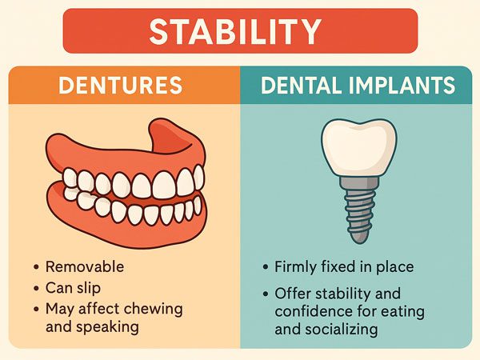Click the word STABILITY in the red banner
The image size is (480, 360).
[235, 31]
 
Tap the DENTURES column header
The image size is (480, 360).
[121, 85]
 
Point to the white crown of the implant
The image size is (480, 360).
[358, 148]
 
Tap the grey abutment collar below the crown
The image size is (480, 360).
[358, 182]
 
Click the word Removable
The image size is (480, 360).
[85, 266]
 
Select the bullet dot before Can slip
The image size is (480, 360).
[37, 288]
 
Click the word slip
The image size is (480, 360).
[88, 288]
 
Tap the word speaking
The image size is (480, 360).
[107, 327]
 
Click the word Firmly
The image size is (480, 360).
[295, 267]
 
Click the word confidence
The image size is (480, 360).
[314, 312]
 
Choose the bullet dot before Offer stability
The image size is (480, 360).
[266, 294]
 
